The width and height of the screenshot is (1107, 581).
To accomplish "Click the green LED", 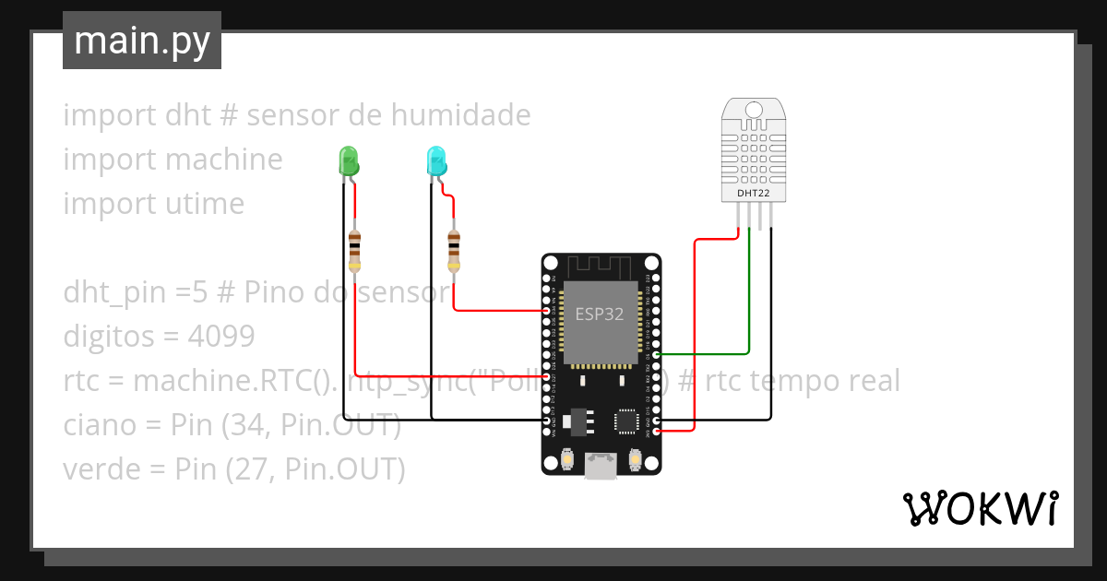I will click(349, 160).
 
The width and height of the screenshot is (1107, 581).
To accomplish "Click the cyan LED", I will click(435, 161).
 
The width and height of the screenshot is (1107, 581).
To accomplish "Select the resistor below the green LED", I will click(355, 249).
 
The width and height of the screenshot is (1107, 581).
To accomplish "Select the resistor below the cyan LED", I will click(453, 249).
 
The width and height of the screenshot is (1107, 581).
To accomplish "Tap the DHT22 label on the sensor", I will click(755, 194).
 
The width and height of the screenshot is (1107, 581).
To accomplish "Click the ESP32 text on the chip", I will click(600, 314).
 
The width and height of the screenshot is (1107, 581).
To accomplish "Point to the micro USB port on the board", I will click(601, 467).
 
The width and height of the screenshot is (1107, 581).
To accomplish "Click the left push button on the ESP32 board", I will click(568, 458).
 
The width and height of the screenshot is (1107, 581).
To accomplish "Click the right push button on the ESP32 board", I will click(635, 458).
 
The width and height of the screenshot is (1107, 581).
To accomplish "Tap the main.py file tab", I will click(142, 41).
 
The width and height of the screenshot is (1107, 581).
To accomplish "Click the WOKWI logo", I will click(979, 508).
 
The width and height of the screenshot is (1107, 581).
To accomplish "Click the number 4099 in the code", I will click(220, 337).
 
